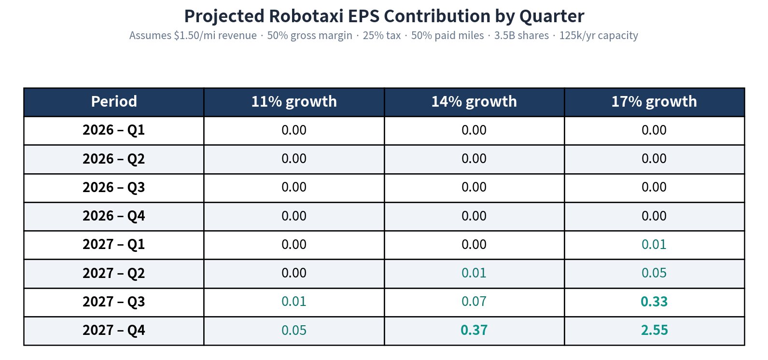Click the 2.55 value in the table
654,330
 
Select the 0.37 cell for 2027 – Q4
474,330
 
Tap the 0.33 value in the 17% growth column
654,302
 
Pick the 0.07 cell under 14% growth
474,302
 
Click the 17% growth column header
654,101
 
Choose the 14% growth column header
474,101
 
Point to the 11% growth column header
294,101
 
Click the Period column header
114,101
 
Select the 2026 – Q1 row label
114,130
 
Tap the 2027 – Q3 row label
114,302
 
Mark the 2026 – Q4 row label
114,216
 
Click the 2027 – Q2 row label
114,273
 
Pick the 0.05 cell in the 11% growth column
294,330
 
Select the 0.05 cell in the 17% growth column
654,273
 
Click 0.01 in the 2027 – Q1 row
654,245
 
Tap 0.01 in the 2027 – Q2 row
474,273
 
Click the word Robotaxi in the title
306,16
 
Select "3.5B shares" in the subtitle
521,36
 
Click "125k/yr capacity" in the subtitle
599,36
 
